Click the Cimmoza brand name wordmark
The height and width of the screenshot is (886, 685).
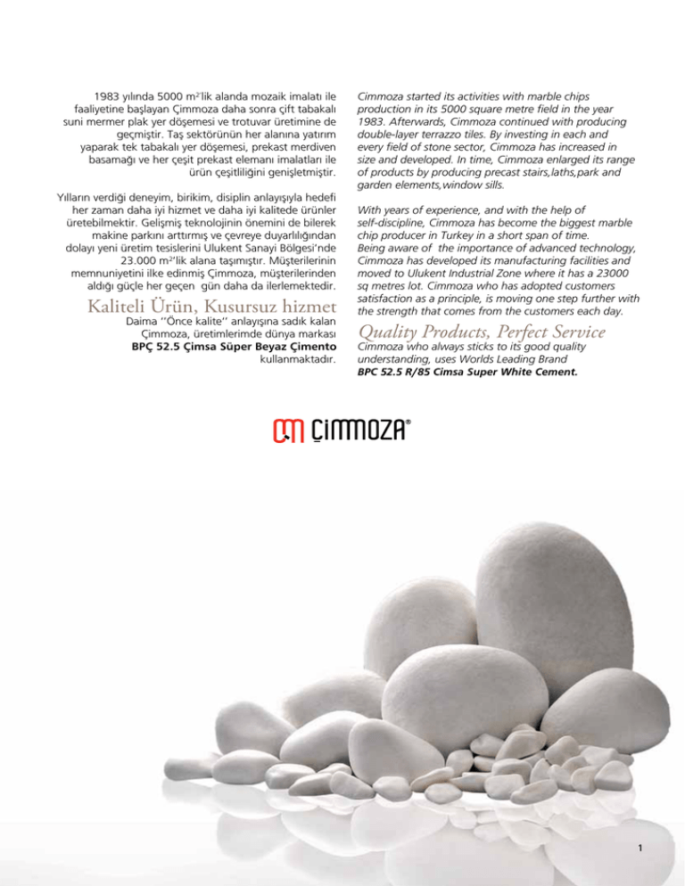click(x=359, y=431)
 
